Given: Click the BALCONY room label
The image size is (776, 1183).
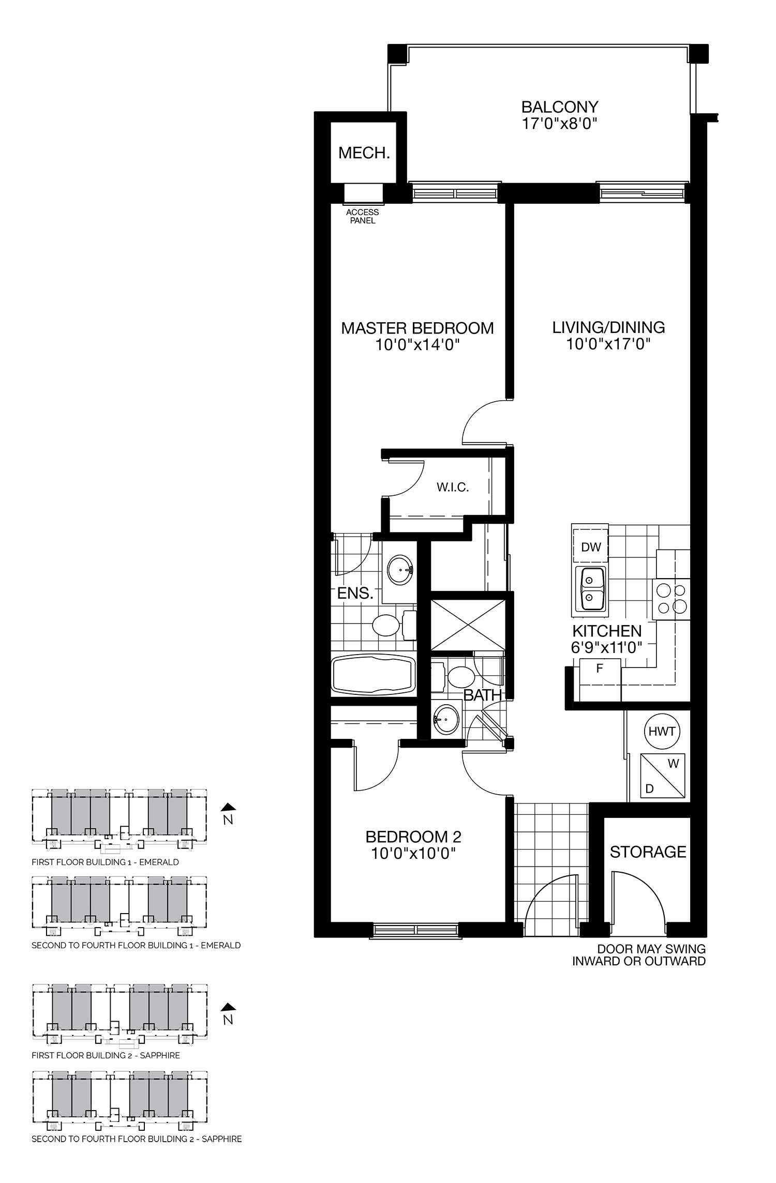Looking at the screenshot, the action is pos(559,107).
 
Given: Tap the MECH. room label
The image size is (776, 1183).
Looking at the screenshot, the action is pos(364,153).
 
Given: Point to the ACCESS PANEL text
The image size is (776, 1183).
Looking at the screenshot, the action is pos(362,216).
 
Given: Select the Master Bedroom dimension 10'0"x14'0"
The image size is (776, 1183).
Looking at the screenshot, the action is pos(417,344).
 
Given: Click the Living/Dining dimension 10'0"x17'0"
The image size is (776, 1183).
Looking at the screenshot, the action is pos(608,344).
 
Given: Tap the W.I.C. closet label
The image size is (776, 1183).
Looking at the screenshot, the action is pos(452,487).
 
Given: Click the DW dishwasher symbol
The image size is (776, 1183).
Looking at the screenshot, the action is pos(591,547).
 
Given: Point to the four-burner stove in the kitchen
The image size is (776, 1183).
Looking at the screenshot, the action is pos(671,599).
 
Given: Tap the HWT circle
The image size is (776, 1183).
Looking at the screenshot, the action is pos(662,731).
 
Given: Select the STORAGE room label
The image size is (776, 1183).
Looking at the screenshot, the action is pos(648,852).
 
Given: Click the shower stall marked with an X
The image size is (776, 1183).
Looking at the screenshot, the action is pos(468,625).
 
